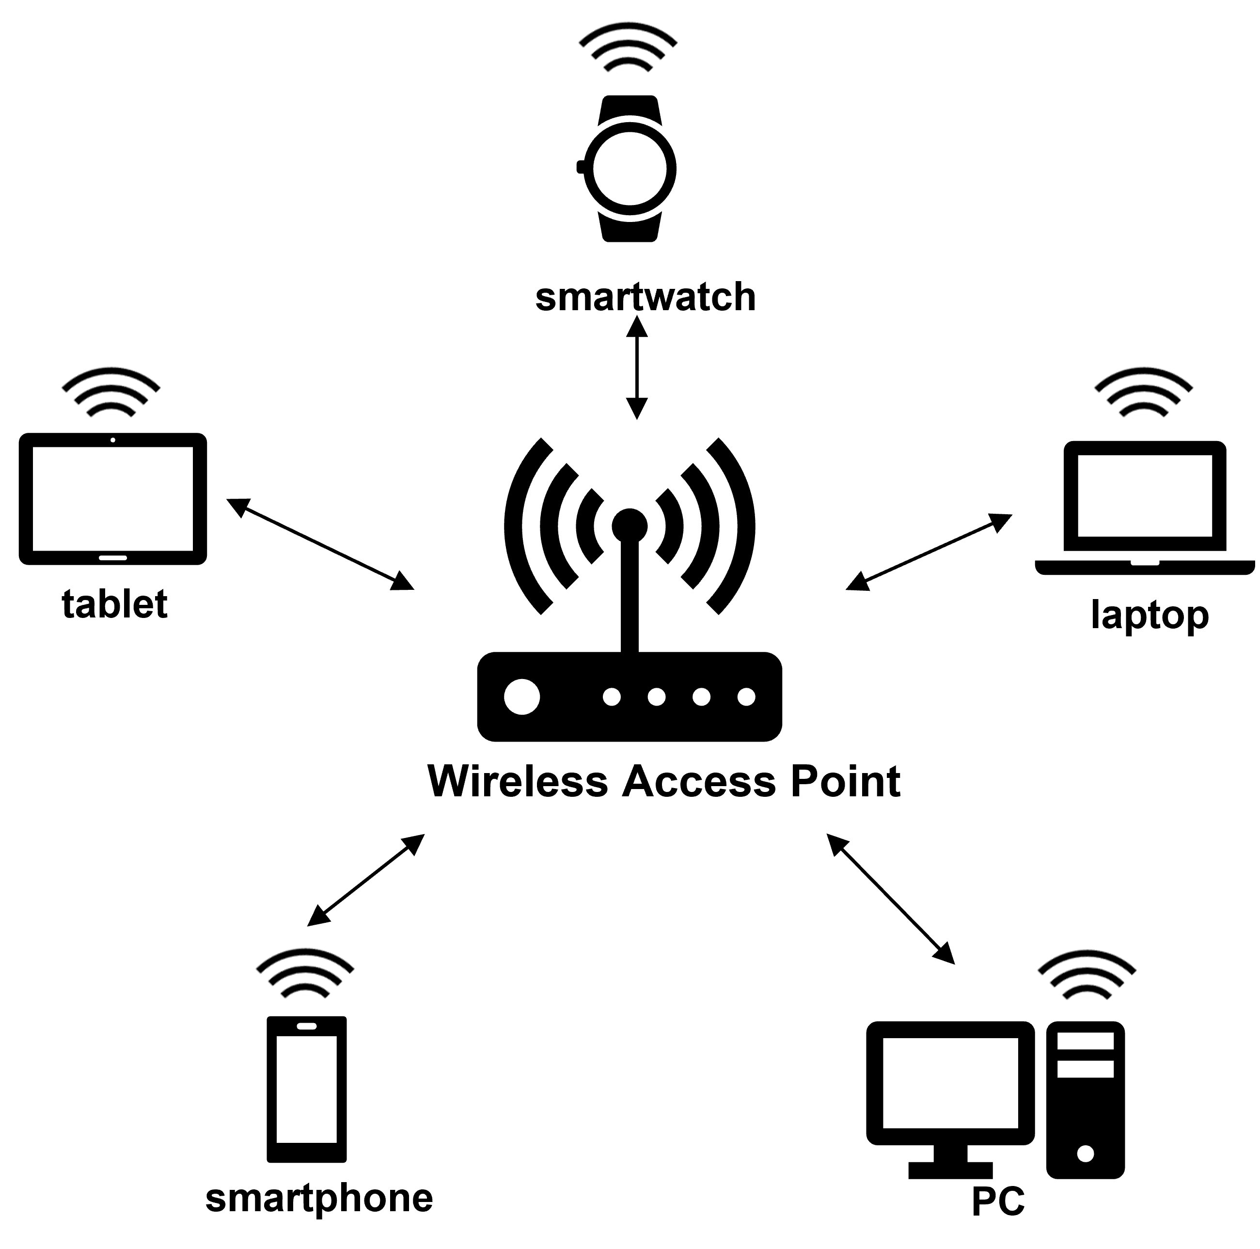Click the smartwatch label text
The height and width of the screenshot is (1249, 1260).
[645, 298]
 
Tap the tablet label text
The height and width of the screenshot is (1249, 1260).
[115, 604]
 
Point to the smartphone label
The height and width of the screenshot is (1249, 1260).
[319, 1198]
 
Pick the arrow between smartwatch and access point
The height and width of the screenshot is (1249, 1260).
[636, 367]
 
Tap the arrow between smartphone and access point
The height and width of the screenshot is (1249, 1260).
[366, 880]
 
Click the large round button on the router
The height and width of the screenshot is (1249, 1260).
[522, 696]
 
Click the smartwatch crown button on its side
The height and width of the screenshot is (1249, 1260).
[580, 167]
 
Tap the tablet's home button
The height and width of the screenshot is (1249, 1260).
[113, 558]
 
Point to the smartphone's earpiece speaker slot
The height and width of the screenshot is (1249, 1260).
[307, 1026]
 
